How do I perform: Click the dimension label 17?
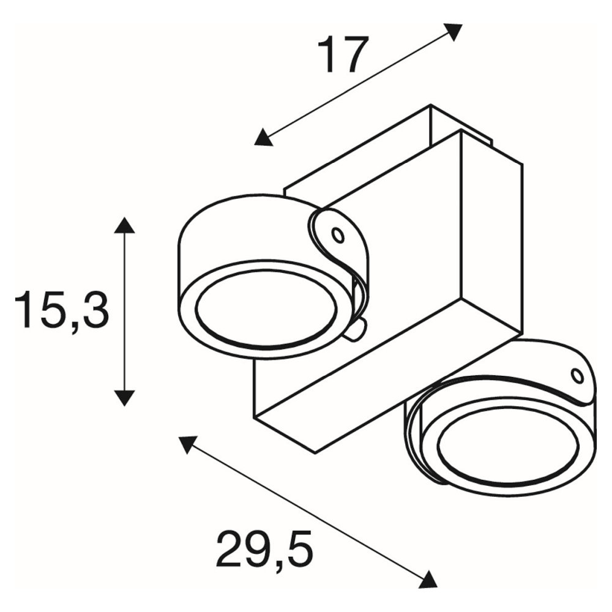point(343,54)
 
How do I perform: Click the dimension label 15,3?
point(61,309)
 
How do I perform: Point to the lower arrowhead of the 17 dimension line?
point(263,137)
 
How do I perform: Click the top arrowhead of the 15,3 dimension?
point(124,225)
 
